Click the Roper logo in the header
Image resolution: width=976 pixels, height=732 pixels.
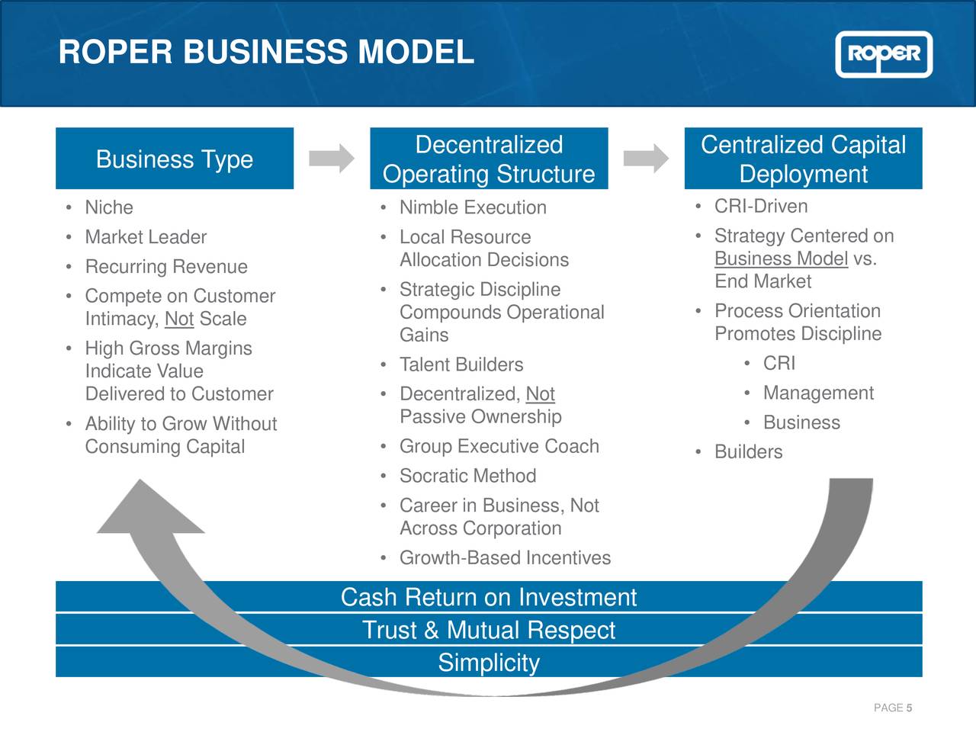click(x=884, y=54)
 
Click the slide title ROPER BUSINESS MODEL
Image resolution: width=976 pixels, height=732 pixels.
click(x=266, y=52)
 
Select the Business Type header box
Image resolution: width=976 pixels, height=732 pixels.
click(x=175, y=159)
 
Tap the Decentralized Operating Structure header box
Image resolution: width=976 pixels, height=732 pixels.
click(x=489, y=159)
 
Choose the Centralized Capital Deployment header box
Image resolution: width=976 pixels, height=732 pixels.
click(x=803, y=159)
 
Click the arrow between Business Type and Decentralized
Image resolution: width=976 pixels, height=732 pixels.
click(x=332, y=159)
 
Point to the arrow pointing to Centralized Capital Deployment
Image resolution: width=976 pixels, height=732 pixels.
click(x=646, y=159)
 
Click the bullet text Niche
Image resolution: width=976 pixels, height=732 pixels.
click(x=109, y=207)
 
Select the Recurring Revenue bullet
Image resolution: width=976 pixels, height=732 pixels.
click(x=166, y=267)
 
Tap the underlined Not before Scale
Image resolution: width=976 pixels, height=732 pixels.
click(x=179, y=319)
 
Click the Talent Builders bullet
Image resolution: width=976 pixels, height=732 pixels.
click(x=461, y=364)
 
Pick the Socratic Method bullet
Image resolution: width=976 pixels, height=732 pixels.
click(x=467, y=476)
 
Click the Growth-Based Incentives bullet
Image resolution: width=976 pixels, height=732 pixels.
click(x=505, y=558)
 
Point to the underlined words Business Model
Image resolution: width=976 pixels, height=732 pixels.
click(x=781, y=259)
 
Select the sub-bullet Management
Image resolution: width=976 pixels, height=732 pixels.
click(x=818, y=393)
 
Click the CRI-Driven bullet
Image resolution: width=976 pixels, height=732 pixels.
click(x=761, y=207)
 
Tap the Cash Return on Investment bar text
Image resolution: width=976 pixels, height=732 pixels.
click(x=489, y=597)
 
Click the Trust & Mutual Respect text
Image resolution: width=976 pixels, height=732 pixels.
click(x=489, y=630)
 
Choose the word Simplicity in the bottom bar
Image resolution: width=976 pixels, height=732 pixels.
click(x=489, y=663)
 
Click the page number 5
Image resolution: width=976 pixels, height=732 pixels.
click(x=909, y=708)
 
